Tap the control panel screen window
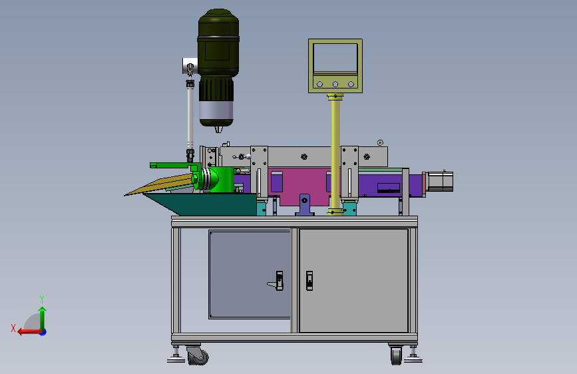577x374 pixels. click(x=335, y=57)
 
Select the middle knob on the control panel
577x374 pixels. click(x=335, y=85)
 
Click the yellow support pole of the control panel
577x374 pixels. click(x=335, y=154)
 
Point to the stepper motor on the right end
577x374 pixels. click(x=439, y=182)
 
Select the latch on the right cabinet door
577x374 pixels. click(x=309, y=281)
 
